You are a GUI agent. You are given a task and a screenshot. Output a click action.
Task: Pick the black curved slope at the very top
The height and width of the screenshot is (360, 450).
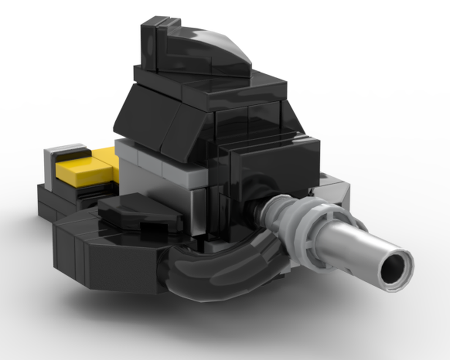(212, 49)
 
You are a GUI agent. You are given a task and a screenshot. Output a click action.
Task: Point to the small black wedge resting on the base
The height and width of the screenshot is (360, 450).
(135, 211)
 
